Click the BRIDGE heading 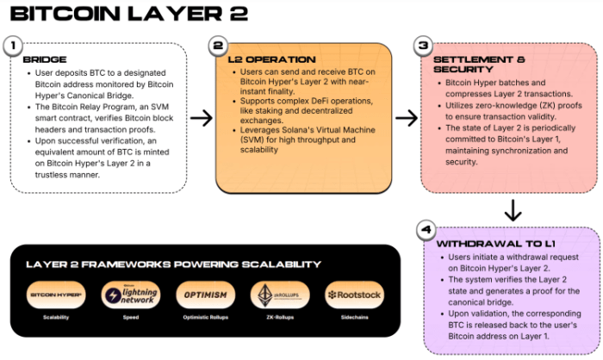coord(46,61)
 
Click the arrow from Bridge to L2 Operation coord(202,118)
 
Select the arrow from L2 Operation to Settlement coord(406,118)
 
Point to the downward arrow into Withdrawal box coord(512,210)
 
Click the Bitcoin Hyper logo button coord(56,295)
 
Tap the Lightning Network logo coord(130,295)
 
